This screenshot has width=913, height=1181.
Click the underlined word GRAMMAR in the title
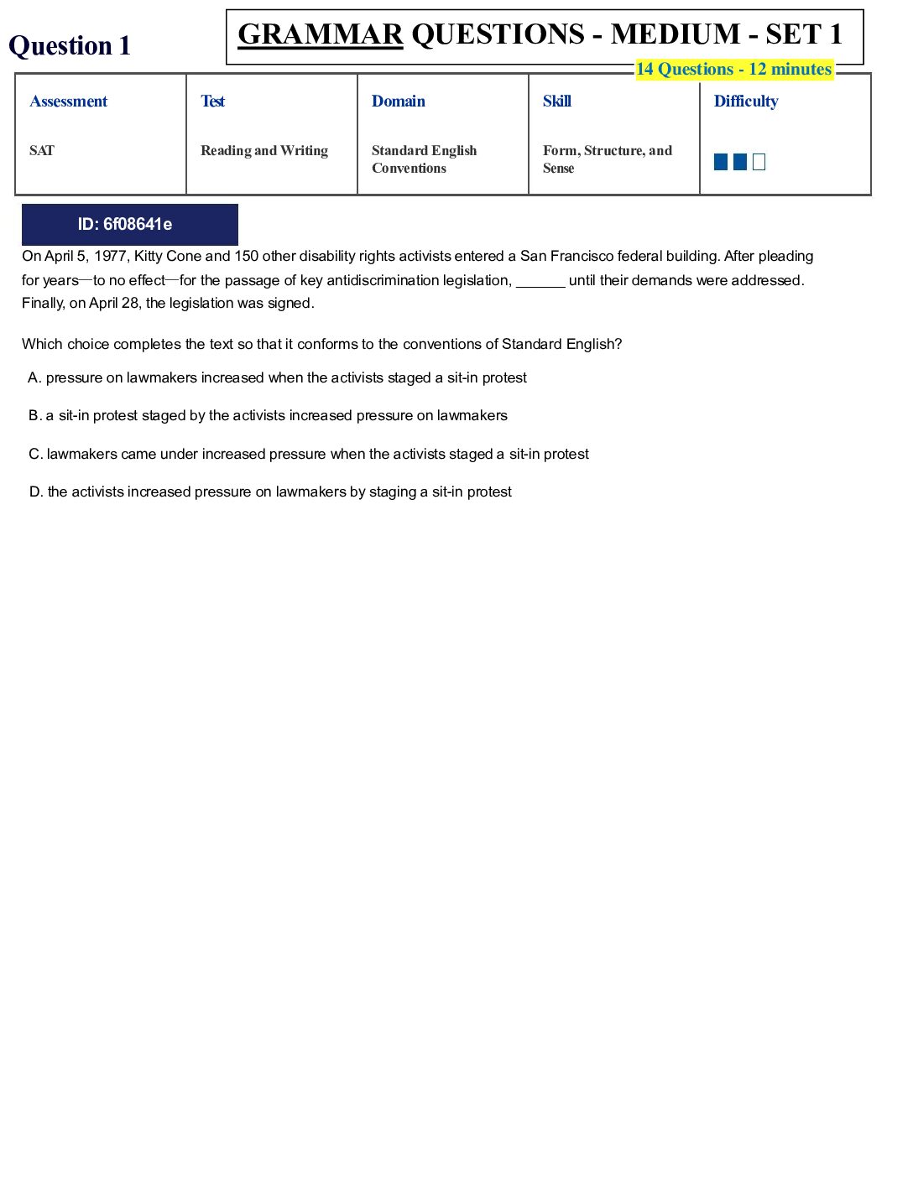321,34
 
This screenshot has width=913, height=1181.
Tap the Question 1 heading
70,45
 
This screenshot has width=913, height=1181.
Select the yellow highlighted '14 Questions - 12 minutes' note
733,70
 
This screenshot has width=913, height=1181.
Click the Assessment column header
69,101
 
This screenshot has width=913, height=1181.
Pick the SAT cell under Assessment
42,151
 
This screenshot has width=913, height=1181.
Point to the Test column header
213,101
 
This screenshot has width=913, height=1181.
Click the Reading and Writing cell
264,151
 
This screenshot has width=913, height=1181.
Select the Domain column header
399,101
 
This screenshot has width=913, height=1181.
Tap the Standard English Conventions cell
425,159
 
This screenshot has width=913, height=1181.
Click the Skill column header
557,101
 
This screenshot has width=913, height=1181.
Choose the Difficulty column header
746,101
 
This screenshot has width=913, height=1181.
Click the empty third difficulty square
759,162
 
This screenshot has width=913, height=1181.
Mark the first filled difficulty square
721,162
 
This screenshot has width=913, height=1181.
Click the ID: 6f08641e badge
130,225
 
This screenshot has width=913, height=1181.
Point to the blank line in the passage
540,282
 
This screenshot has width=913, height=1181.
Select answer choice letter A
34,378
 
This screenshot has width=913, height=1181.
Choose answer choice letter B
34,416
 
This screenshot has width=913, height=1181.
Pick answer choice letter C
35,455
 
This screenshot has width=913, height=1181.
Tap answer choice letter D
36,492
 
